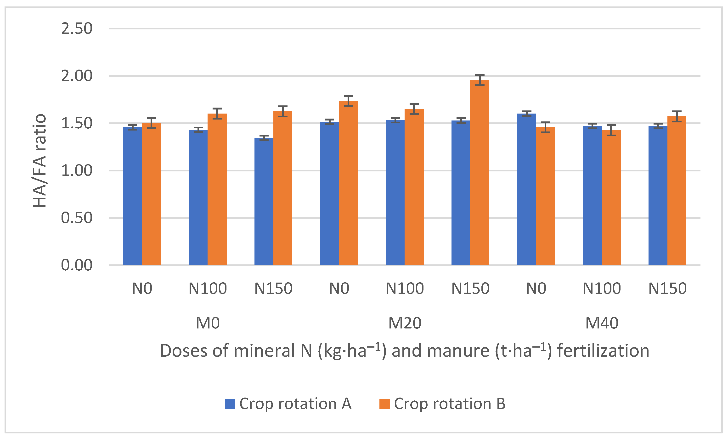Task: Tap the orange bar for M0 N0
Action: [x=151, y=194]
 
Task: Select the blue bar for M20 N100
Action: [x=395, y=193]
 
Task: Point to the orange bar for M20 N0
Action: [x=348, y=183]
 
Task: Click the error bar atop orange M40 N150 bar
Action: [x=677, y=116]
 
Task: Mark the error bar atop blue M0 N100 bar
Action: [x=198, y=130]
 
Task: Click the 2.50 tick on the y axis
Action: [x=76, y=28]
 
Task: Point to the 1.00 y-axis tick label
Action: [x=76, y=170]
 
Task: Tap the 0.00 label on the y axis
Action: [x=76, y=265]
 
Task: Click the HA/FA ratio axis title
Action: [x=40, y=160]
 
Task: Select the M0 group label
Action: [x=208, y=323]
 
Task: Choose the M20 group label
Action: [x=405, y=323]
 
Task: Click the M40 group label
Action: [x=602, y=323]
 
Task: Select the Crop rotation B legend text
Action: [x=449, y=404]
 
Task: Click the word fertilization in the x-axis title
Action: [x=603, y=351]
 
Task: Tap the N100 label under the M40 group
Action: [x=602, y=288]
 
